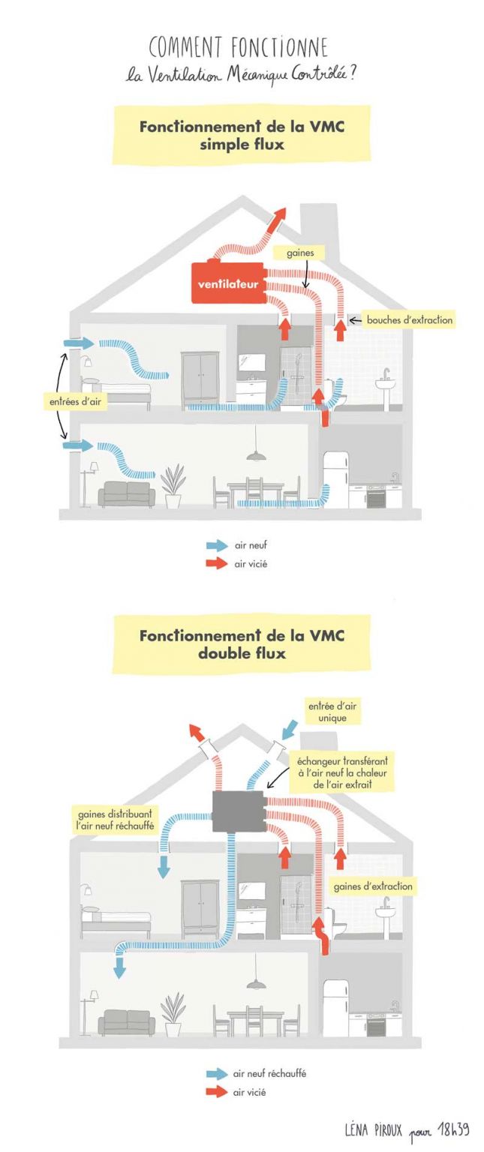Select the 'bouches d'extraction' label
click(x=409, y=320)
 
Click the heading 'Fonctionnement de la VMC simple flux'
click(x=241, y=135)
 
